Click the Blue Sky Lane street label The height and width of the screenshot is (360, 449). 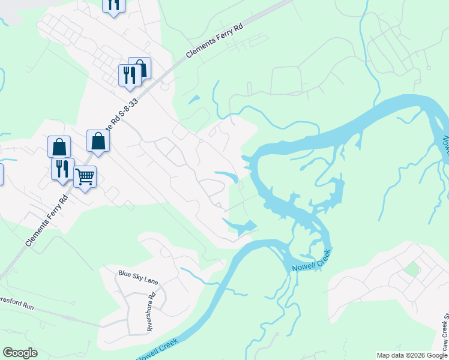click(138, 273)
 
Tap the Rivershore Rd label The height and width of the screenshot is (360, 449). click(151, 311)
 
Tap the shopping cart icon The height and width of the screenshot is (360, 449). click(85, 177)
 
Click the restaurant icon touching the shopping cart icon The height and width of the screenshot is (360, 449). click(62, 169)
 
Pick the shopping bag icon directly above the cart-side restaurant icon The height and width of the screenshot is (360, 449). click(59, 146)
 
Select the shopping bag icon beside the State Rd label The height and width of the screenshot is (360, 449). click(98, 142)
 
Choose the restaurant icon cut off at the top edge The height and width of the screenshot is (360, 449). click(113, 5)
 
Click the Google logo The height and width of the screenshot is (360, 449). click(20, 353)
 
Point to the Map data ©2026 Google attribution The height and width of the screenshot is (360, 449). click(412, 355)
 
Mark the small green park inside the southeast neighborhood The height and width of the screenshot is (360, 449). click(411, 268)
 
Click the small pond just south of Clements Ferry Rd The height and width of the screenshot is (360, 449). click(194, 99)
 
